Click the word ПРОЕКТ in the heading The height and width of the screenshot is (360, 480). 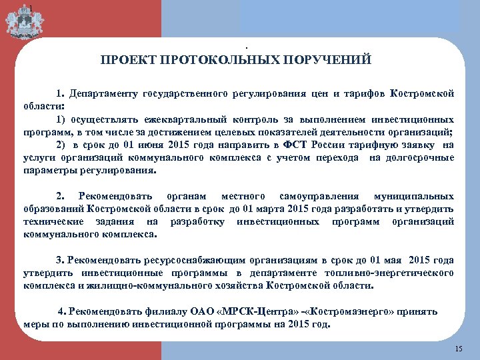tap(125, 61)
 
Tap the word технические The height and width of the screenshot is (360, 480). tap(49, 221)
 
